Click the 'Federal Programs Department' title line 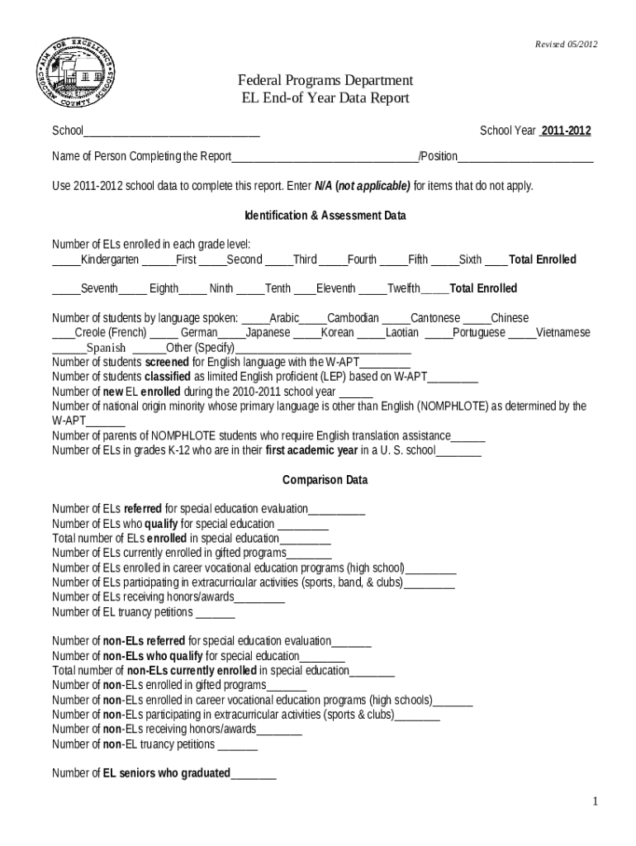point(325,80)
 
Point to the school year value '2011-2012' point(566,131)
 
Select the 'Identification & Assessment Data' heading point(325,216)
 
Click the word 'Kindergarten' point(110,259)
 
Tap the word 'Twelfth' point(404,288)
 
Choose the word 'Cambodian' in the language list point(354,317)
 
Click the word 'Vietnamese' point(563,332)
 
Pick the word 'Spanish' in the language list point(107,347)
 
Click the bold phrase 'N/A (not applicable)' point(363,185)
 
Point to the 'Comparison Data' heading point(325,480)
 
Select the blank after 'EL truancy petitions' point(216,612)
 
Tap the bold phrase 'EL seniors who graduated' point(166,773)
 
